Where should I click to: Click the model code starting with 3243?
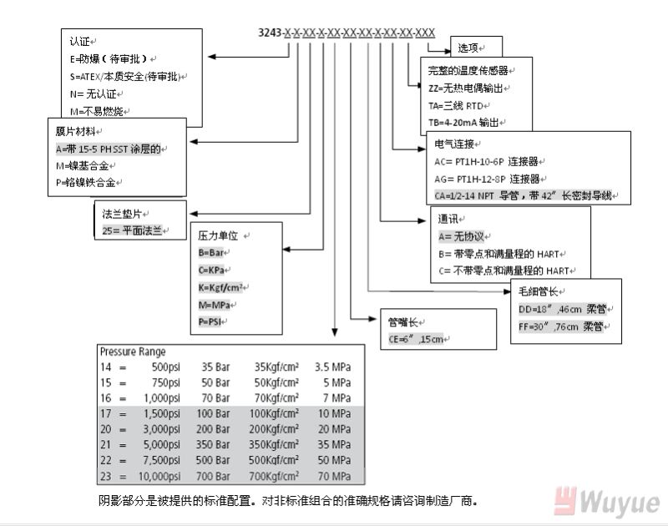(x=347, y=33)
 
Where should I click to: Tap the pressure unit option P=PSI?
(x=212, y=321)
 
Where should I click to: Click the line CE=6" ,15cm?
(x=417, y=339)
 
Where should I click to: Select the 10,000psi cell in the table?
(x=158, y=476)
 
